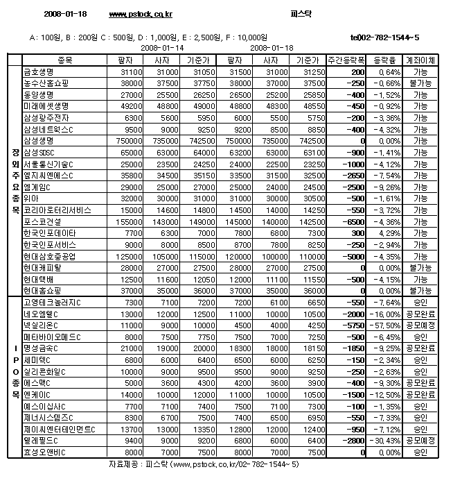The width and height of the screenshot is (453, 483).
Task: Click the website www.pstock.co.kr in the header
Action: click(141, 14)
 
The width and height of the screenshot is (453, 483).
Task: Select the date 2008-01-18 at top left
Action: click(65, 14)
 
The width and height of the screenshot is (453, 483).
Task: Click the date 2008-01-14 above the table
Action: click(161, 48)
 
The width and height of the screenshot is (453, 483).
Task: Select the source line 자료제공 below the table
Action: click(204, 464)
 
